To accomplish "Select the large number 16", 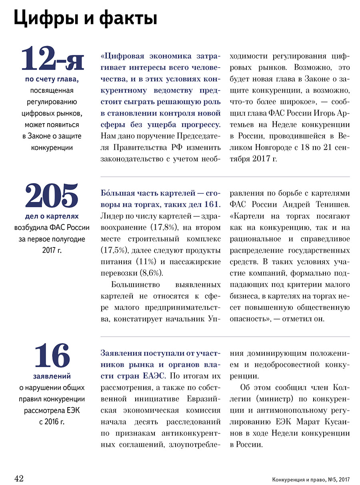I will [52, 355].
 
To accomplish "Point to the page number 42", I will [19, 479].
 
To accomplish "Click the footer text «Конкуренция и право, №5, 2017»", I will [310, 479].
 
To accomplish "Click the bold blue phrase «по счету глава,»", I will [52, 79].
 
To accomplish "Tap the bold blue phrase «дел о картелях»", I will [52, 216].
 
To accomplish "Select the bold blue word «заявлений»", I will [52, 376].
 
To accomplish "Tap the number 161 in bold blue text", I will [212, 205].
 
